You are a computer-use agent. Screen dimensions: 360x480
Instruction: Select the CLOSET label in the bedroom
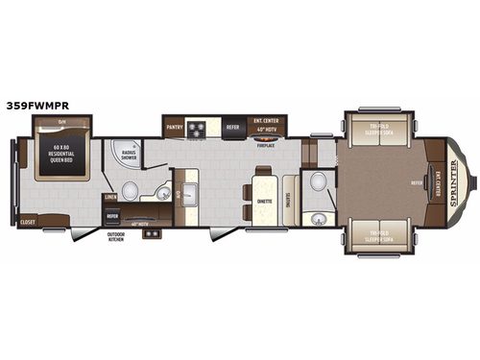point(29,222)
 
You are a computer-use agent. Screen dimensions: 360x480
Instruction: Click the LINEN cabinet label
point(111,197)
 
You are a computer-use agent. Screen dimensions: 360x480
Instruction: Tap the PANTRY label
point(174,126)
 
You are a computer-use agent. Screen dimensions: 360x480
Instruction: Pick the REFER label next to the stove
point(232,126)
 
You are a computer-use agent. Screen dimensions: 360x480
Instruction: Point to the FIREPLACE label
point(264,146)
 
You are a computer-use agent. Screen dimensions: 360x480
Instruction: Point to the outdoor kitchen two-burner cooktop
point(150,233)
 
